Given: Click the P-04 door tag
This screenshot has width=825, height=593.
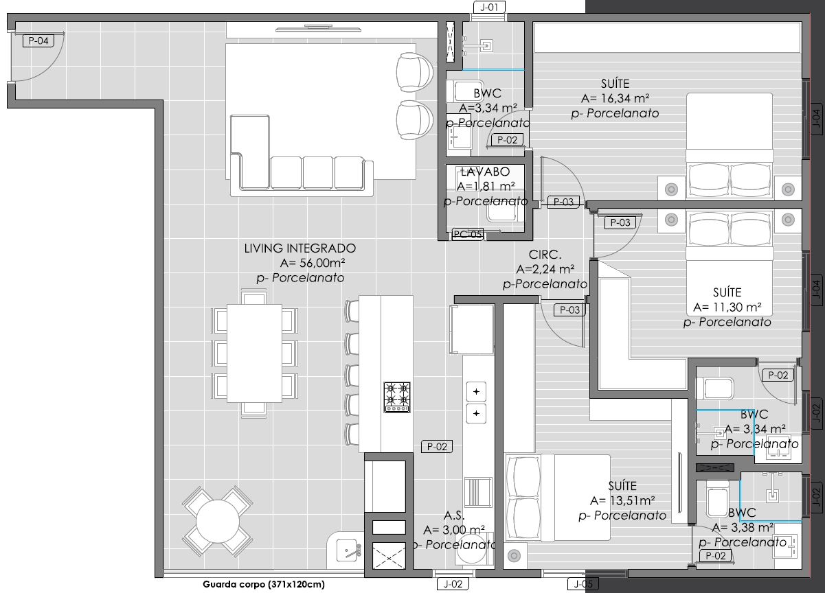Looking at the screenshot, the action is (38, 40).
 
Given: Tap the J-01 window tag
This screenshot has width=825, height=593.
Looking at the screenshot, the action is (489, 7).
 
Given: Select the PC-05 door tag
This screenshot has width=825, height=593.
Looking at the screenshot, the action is (468, 234).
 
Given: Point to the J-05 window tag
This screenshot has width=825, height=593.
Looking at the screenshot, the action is (583, 584).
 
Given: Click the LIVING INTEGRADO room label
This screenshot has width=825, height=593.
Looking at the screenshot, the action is (300, 248).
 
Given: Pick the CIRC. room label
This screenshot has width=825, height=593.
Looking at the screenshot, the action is (545, 255).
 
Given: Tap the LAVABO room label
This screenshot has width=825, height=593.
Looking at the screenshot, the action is (485, 172).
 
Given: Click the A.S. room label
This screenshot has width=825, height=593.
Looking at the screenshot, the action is (454, 515).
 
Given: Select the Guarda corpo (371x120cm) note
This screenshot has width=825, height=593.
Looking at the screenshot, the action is (264, 584).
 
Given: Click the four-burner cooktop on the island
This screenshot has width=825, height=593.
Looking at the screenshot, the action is (397, 397).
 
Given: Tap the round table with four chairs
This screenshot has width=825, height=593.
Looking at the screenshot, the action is (218, 521).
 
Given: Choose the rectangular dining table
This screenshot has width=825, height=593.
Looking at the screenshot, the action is (254, 353).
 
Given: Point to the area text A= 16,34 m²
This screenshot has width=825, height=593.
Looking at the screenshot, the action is (615, 98).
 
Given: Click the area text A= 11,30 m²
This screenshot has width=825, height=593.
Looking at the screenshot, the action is (727, 307).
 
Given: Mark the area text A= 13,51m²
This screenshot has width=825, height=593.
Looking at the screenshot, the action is (622, 500).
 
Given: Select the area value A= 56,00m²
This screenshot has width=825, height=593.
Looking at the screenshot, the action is (313, 263).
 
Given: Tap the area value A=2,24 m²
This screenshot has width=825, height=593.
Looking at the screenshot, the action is (545, 270).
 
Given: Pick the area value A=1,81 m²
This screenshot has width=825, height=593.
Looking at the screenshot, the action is (486, 187).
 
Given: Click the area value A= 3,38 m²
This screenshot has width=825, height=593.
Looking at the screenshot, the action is (743, 528).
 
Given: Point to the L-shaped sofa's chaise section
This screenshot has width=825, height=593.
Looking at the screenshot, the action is (251, 151).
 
